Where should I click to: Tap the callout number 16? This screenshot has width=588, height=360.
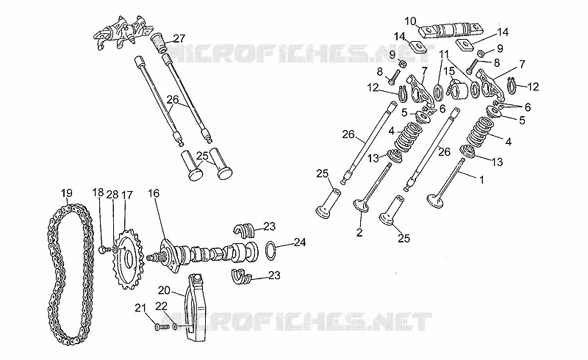(x=154, y=193)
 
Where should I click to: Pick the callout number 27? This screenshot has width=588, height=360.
(x=179, y=38)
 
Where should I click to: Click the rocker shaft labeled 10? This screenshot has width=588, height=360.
(x=451, y=30)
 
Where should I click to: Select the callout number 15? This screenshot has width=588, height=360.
(x=449, y=71)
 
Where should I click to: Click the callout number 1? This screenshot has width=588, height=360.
(x=482, y=179)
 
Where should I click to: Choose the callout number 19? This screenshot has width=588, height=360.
(x=67, y=193)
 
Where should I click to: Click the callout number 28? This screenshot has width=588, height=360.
(x=112, y=195)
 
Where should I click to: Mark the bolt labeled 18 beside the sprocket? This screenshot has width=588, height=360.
(x=105, y=248)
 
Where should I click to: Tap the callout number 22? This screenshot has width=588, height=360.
(x=161, y=306)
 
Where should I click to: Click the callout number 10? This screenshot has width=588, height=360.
(x=411, y=21)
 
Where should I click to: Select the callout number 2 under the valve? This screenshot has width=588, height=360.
(x=359, y=232)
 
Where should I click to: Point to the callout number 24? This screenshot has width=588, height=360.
(x=300, y=242)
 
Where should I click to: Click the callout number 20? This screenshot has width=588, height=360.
(x=164, y=290)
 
